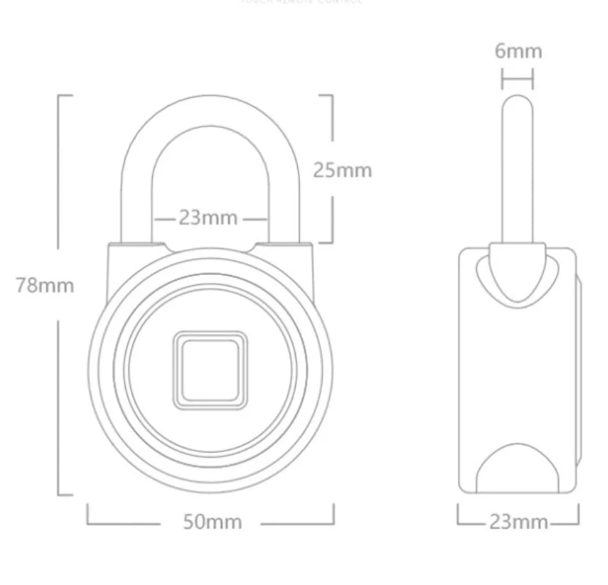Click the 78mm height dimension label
[x=45, y=285]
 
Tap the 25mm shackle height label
[x=342, y=170]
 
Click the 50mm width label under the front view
[x=211, y=522]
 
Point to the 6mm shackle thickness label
[x=517, y=50]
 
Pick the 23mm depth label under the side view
[x=518, y=521]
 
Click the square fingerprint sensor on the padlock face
[x=209, y=367]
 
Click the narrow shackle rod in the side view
[x=517, y=168]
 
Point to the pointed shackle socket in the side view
[x=517, y=274]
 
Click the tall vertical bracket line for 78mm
[x=59, y=292]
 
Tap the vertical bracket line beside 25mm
[x=333, y=170]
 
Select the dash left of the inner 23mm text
[x=165, y=219]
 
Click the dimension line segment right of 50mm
[x=296, y=524]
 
